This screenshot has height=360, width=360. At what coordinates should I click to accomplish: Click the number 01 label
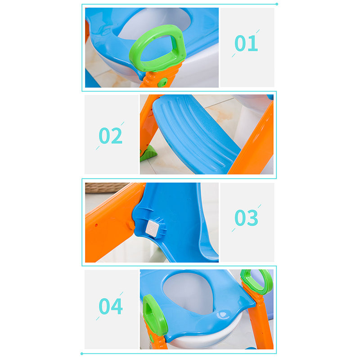(246, 43)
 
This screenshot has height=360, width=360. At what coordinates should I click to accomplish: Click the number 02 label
(110, 135)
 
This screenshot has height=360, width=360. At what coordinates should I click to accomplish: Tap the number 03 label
(246, 218)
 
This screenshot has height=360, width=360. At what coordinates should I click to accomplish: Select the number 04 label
(111, 306)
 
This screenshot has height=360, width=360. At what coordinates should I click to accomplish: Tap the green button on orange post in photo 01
(164, 82)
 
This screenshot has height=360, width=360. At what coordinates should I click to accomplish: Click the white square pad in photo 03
(154, 228)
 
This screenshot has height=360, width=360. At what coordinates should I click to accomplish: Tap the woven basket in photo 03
(106, 187)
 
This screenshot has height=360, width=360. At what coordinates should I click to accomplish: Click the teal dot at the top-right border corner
(277, 4)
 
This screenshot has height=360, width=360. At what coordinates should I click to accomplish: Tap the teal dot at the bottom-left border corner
(82, 354)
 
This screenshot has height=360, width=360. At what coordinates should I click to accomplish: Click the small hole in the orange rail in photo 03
(96, 225)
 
